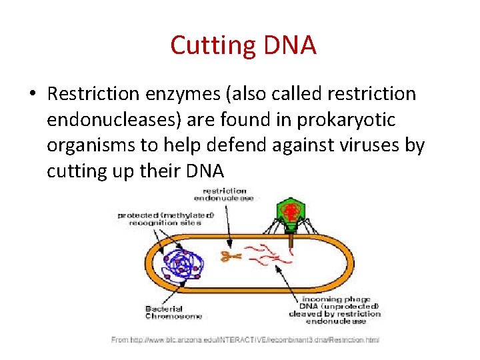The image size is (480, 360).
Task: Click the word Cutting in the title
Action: (207, 46)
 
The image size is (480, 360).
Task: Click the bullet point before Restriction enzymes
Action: (32, 95)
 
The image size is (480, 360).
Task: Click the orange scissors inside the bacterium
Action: (231, 255)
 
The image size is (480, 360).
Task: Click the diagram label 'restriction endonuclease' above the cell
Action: (224, 195)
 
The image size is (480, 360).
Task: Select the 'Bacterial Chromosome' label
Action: (173, 312)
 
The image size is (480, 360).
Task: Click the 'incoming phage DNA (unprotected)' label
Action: (335, 308)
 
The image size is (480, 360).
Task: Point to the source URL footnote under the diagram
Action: (245, 340)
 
